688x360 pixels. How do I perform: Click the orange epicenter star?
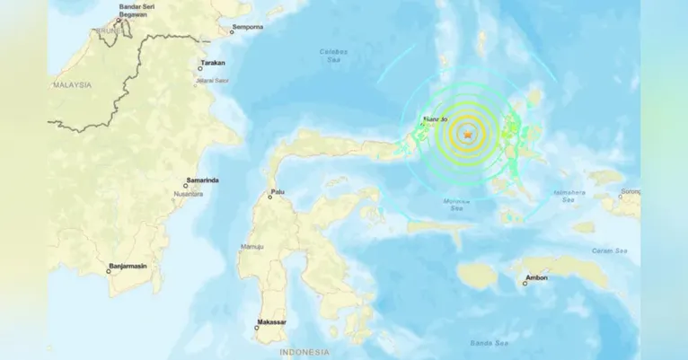pyautogui.click(x=467, y=134)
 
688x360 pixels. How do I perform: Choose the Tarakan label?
pyautogui.click(x=212, y=63)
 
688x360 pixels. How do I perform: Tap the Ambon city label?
pyautogui.click(x=536, y=277)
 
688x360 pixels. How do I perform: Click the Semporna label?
pyautogui.click(x=247, y=28)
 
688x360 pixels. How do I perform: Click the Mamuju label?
pyautogui.click(x=250, y=243)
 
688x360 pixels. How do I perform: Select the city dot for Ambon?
pyautogui.click(x=525, y=285)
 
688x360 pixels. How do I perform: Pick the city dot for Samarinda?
pyautogui.click(x=186, y=186)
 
